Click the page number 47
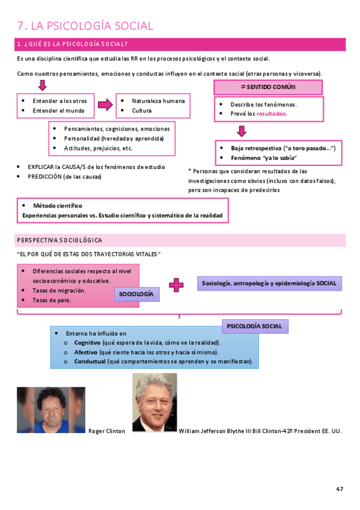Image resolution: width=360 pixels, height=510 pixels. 340,489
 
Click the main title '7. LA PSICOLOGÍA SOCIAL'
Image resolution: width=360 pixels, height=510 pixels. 85,26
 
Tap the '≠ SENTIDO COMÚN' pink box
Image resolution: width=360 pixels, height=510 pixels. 268,87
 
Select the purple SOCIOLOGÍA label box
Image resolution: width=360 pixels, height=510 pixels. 137,293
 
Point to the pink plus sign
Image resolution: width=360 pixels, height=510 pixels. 176,285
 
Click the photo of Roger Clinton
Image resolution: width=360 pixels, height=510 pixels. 50,410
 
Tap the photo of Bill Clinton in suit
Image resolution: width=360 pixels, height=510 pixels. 154,403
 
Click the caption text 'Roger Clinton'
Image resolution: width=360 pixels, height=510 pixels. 107,431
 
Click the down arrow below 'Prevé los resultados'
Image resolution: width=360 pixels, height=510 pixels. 241,131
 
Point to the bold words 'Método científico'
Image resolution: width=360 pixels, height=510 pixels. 58,206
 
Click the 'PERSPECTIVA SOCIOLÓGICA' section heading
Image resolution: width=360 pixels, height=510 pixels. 59,241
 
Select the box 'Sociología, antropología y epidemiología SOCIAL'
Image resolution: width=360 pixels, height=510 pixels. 269,283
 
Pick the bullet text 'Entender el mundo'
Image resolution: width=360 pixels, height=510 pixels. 59,111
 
